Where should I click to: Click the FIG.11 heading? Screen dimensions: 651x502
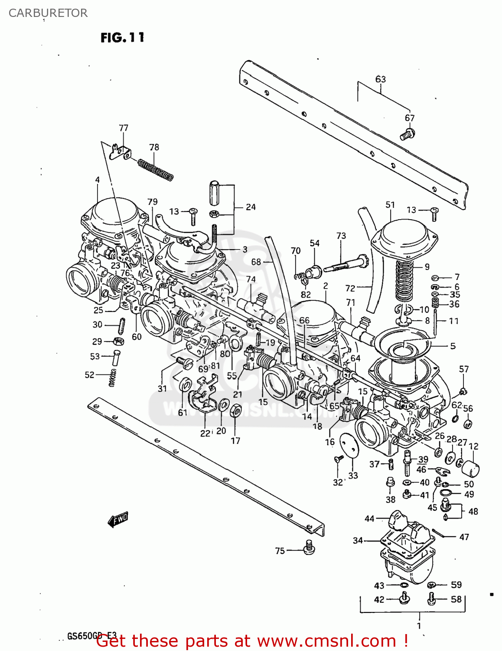pyautogui.click(x=122, y=38)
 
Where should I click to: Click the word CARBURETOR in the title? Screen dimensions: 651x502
pyautogui.click(x=48, y=13)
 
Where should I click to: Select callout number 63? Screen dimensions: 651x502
pyautogui.click(x=380, y=79)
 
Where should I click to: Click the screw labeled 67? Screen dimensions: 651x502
pyautogui.click(x=407, y=134)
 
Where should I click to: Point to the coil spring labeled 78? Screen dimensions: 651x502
pyautogui.click(x=156, y=170)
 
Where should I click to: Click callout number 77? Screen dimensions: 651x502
pyautogui.click(x=124, y=128)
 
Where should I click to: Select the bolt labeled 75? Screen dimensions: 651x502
pyautogui.click(x=309, y=547)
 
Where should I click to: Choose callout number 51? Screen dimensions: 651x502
pyautogui.click(x=390, y=204)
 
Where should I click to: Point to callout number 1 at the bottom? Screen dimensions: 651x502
pyautogui.click(x=419, y=625)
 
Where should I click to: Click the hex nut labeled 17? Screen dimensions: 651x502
pyautogui.click(x=235, y=411)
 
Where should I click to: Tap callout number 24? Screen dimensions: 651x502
pyautogui.click(x=251, y=207)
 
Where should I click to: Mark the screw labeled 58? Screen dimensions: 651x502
pyautogui.click(x=431, y=599)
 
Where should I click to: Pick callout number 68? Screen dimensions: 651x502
pyautogui.click(x=256, y=262)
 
